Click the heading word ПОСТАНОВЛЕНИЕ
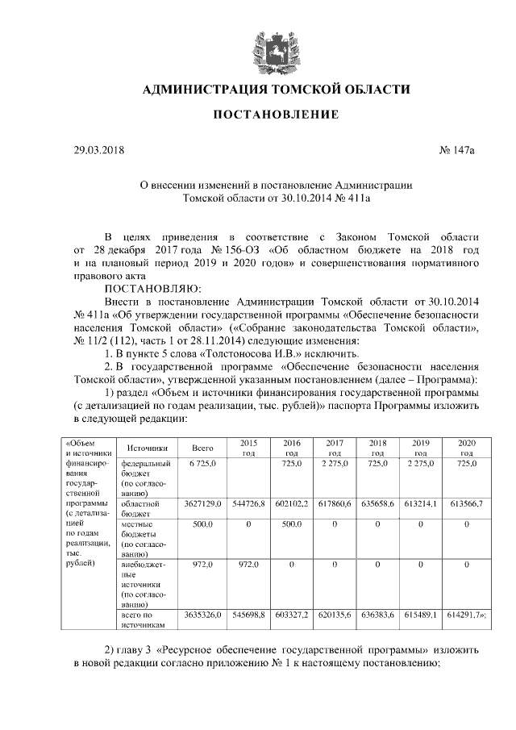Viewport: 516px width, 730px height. [x=275, y=116]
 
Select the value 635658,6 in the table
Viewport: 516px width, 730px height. [x=377, y=504]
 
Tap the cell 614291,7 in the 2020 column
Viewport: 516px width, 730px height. [x=464, y=615]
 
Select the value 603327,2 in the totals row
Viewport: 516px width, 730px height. [x=291, y=615]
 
